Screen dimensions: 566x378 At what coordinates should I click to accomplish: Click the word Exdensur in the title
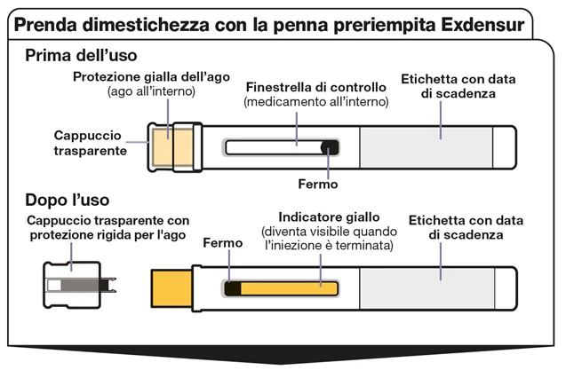click(482, 25)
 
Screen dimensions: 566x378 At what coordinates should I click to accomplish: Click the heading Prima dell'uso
click(81, 56)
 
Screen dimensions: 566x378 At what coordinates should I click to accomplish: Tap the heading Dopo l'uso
click(68, 200)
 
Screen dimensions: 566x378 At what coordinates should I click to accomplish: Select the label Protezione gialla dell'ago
click(151, 77)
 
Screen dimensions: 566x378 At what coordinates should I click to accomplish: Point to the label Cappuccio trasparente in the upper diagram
click(91, 143)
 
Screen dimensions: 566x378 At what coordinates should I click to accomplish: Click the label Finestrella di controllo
click(315, 87)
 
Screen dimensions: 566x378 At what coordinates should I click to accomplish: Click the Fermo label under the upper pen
click(318, 185)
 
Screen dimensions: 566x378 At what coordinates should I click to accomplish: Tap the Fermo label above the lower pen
click(223, 243)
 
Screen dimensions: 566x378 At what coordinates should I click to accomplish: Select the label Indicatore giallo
click(329, 217)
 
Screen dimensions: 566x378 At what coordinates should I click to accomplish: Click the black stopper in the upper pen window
click(330, 147)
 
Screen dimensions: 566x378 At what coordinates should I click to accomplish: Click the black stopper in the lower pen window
click(233, 288)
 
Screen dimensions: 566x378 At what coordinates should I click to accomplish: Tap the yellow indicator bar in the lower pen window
click(289, 288)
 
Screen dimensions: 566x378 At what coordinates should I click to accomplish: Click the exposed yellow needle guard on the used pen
click(171, 288)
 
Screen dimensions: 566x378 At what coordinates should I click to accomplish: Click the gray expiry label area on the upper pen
click(426, 147)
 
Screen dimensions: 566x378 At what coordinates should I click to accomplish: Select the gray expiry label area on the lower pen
click(427, 288)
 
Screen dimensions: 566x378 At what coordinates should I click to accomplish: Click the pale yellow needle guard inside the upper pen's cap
click(172, 147)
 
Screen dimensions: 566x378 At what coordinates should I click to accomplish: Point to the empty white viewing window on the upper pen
click(274, 147)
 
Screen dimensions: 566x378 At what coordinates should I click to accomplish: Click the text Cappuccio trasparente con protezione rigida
click(108, 228)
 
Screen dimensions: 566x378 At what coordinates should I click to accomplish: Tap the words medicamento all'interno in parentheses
click(316, 102)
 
